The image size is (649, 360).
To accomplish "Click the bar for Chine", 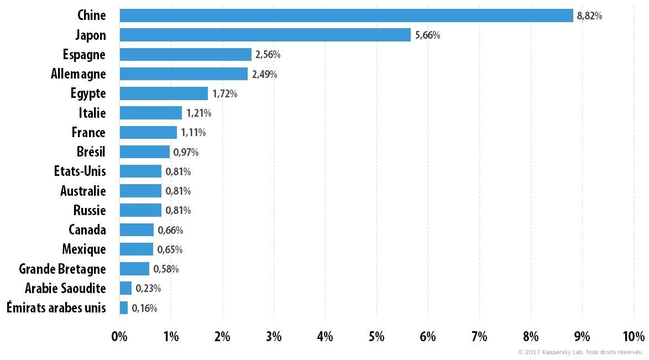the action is click(x=347, y=15).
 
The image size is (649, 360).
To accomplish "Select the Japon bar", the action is click(x=265, y=35).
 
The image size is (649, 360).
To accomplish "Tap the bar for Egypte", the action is click(x=164, y=93).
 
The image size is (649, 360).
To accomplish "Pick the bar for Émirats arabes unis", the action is click(x=124, y=308).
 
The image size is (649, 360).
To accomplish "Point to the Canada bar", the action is click(x=137, y=230).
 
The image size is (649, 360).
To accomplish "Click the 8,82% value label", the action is click(x=589, y=15).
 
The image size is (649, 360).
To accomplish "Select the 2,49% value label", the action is click(x=264, y=74).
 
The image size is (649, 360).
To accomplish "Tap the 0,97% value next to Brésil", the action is click(x=186, y=152).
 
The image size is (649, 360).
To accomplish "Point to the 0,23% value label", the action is click(x=148, y=288).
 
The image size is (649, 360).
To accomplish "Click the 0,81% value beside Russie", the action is click(x=178, y=211).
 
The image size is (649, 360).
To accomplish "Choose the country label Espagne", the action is click(x=84, y=55).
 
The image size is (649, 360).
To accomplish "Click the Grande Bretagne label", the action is click(x=62, y=269).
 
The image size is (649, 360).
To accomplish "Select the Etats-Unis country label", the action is click(x=80, y=171).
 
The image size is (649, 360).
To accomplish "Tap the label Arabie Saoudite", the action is click(x=65, y=288).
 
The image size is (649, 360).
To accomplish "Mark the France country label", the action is click(x=88, y=133).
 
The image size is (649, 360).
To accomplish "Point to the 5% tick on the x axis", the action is click(x=376, y=336).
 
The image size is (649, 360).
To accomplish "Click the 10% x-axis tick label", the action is click(x=634, y=336).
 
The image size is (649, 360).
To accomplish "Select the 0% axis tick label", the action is click(x=119, y=336).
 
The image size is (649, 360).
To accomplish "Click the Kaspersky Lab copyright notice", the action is click(x=580, y=353).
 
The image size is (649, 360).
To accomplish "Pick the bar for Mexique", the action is click(x=137, y=249).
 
